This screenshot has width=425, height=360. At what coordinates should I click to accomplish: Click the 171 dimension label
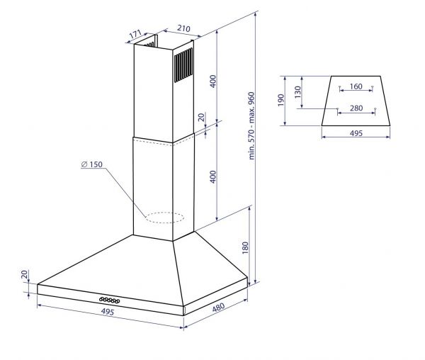click(135, 34)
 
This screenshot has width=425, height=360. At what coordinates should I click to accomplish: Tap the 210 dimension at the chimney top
click(183, 28)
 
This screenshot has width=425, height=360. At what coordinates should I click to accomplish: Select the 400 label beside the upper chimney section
click(213, 81)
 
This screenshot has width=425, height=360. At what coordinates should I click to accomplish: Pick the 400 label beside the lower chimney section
click(213, 176)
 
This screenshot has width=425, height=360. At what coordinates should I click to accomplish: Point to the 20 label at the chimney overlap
click(202, 117)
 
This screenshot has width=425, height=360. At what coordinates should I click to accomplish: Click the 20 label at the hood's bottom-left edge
click(25, 274)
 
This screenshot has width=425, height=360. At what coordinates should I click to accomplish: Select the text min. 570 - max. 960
click(251, 125)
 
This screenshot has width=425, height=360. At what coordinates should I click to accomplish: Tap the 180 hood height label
click(245, 248)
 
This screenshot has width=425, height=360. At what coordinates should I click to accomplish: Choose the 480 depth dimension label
click(218, 307)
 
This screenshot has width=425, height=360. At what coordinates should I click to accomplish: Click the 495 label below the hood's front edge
click(108, 312)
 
